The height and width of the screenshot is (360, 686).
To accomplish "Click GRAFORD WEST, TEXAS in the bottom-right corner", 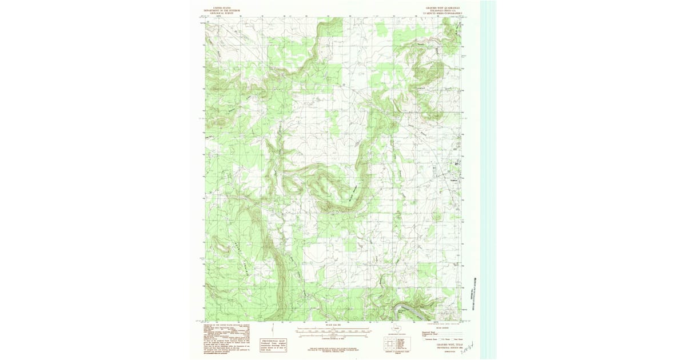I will pos(448,345).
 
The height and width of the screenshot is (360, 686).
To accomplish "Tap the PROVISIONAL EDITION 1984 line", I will pos(448,347).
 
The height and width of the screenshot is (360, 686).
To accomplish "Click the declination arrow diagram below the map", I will pos(284,328).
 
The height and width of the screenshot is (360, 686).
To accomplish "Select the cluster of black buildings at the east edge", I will pos(456,164).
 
